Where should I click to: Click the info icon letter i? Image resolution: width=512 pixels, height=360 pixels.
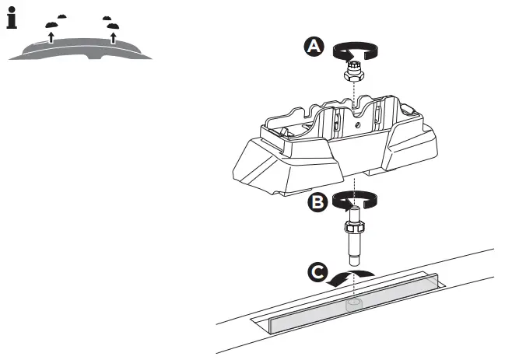pos(12,19)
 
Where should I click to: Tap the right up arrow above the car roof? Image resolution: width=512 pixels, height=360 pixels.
pos(114,36)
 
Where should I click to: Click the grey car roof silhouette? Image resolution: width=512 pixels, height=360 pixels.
pos(78,49)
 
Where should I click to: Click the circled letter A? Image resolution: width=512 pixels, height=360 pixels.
pos(314,47)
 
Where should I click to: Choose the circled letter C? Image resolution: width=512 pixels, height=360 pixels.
pos(316,273)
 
